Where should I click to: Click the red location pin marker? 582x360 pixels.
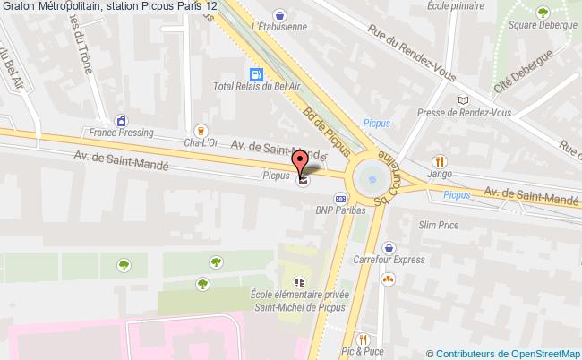(301, 163)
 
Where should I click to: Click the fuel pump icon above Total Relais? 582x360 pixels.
(257, 75)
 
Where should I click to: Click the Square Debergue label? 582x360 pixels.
(542, 25)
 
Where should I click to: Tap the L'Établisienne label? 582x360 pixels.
(279, 27)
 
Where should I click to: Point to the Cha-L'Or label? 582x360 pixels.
(201, 141)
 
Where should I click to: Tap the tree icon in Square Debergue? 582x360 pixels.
(543, 13)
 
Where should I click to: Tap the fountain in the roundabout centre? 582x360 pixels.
(369, 178)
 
